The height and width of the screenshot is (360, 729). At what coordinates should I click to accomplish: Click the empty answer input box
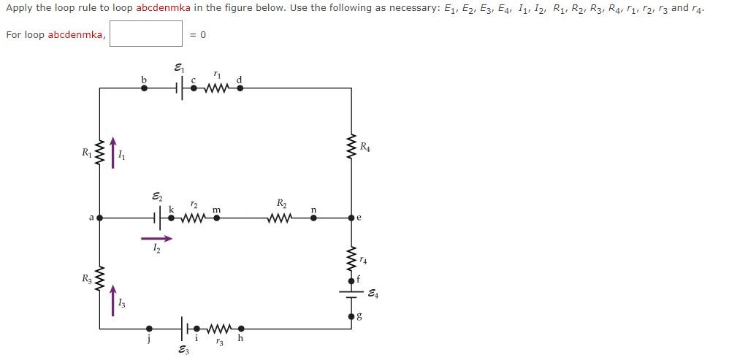coord(146,34)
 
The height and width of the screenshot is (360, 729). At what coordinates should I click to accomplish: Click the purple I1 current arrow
coord(112,152)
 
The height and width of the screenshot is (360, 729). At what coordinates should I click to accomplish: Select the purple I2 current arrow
coord(157,238)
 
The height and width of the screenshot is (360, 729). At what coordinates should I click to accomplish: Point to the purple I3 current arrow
coord(112,301)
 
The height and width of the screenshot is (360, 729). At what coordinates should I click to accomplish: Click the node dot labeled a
coord(99,217)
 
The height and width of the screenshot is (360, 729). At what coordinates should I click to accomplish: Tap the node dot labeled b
coord(144,88)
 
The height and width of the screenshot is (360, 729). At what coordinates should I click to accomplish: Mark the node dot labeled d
coord(240,88)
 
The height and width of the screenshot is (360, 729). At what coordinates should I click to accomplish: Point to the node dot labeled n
coord(314,217)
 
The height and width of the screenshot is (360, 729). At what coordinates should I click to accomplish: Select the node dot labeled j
coord(150,329)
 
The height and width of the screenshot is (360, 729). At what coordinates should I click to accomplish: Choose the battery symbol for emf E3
coord(183,329)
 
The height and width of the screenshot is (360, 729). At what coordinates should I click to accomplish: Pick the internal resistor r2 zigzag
coord(194,217)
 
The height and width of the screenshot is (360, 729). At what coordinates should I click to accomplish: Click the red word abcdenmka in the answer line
coord(77,35)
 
